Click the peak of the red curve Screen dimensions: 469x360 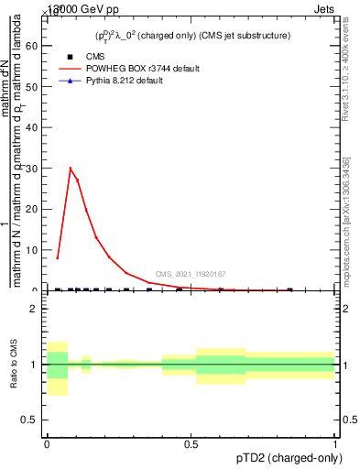pos(71,168)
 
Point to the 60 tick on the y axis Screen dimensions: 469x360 pos(44,45)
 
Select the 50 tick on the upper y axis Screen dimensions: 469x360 pos(44,86)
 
